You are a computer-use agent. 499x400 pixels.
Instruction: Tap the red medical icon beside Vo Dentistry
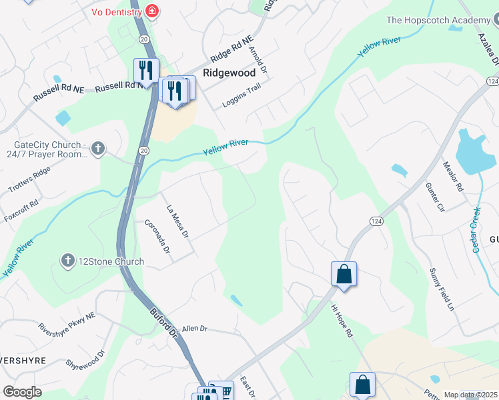pos(152,11)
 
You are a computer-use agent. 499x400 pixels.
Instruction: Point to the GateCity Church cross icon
pos(98,148)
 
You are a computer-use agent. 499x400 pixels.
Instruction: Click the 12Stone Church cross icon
pos(67,261)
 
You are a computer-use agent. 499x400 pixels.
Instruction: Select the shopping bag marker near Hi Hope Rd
pos(344,274)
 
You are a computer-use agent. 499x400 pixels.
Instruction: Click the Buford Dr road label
pos(163,321)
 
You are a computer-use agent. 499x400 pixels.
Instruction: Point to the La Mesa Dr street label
pos(178,221)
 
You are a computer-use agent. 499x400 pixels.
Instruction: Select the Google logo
pos(22,391)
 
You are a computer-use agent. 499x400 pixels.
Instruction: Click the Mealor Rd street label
pos(454,177)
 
